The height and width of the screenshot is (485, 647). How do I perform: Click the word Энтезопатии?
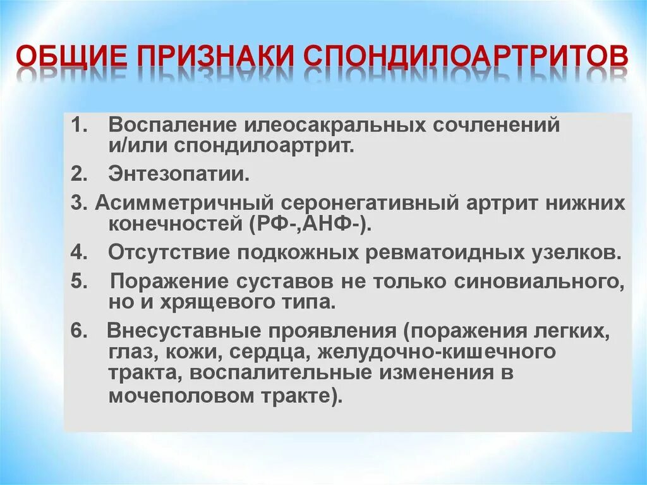[x=179, y=173]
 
